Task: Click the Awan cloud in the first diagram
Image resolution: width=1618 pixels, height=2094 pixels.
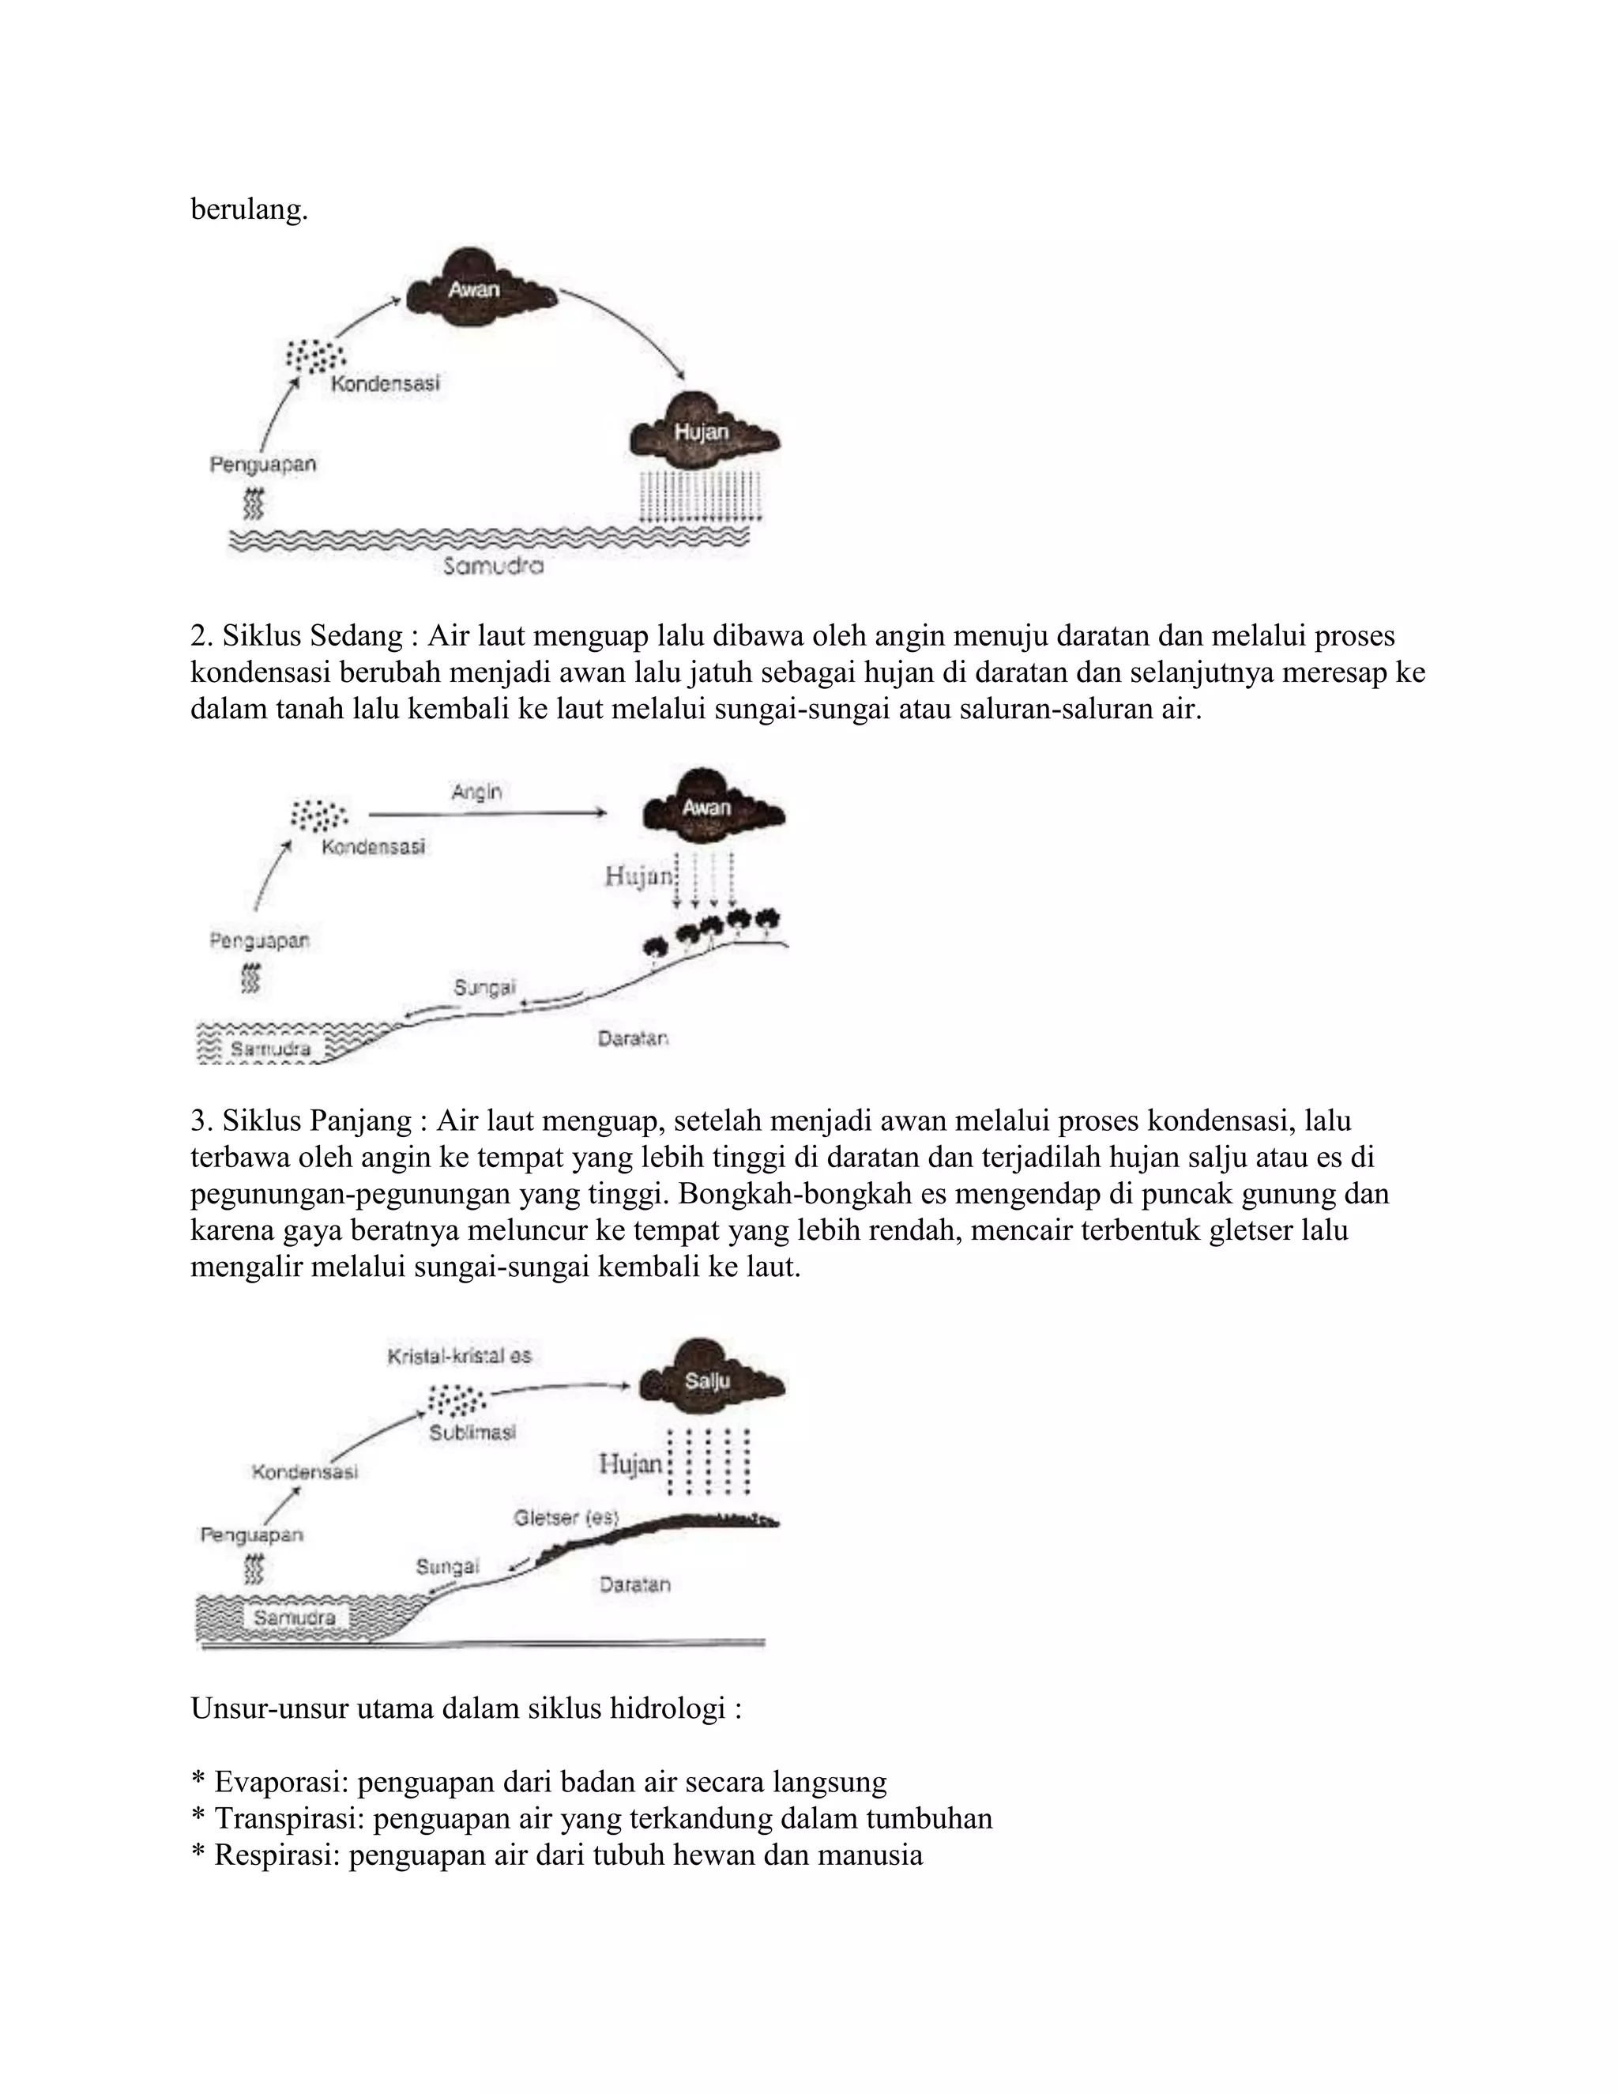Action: [476, 288]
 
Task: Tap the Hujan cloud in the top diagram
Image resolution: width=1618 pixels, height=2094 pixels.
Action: [702, 431]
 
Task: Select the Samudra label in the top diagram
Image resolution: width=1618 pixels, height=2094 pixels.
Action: [494, 567]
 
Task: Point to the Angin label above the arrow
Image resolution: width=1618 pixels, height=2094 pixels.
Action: [476, 792]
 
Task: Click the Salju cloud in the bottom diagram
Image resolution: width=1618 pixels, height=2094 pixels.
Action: [709, 1380]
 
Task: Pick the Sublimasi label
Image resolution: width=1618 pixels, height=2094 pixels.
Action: [472, 1433]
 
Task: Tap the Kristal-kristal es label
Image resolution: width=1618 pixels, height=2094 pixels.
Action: [459, 1356]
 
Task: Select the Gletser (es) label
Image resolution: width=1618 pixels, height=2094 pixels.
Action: [566, 1518]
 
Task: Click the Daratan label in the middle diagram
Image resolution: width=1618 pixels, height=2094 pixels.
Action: [633, 1038]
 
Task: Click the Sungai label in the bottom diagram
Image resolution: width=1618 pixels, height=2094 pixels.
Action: [446, 1567]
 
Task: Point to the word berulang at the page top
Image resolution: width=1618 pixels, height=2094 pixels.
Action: [249, 209]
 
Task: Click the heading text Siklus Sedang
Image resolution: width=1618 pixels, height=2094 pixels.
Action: [313, 635]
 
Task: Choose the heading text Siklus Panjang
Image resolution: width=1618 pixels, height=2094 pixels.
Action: [318, 1120]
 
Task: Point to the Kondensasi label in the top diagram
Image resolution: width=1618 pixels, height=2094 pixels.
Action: [386, 383]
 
